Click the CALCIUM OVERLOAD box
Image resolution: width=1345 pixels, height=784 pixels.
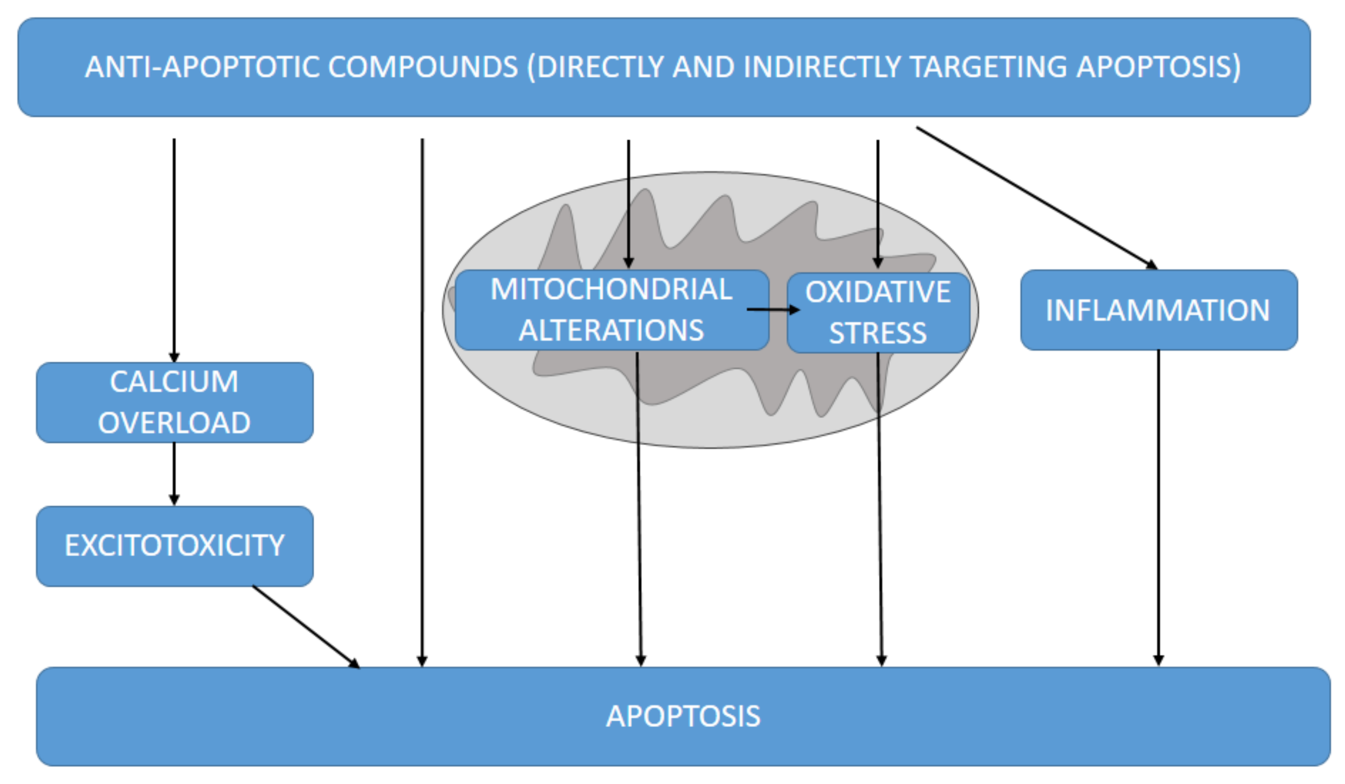click(x=174, y=403)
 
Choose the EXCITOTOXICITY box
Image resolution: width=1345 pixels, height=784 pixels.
click(x=174, y=546)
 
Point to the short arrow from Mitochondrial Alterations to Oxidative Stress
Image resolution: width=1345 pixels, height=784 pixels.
click(x=772, y=309)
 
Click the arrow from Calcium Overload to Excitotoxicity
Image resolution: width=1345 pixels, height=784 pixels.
click(x=174, y=473)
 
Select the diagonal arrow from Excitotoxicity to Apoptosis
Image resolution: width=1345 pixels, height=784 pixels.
click(x=305, y=626)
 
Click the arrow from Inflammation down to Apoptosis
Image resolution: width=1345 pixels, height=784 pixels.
click(x=1158, y=507)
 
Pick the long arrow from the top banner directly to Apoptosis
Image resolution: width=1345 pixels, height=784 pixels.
click(x=422, y=400)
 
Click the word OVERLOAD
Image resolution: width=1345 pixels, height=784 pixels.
click(x=174, y=423)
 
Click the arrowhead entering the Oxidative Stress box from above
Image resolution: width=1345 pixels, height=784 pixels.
click(x=878, y=263)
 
